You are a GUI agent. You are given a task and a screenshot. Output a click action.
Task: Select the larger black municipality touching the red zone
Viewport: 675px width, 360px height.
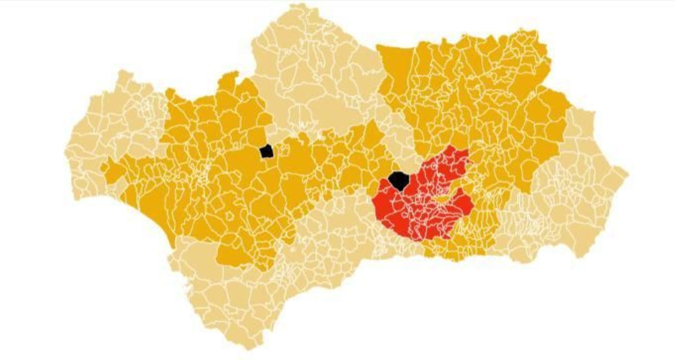399,181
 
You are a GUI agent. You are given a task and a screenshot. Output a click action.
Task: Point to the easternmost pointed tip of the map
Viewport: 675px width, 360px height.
626,173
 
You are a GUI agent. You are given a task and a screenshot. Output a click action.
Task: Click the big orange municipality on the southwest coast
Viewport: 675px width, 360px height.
156,219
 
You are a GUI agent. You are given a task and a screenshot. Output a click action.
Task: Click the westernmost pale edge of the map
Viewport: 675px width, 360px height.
67,152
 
